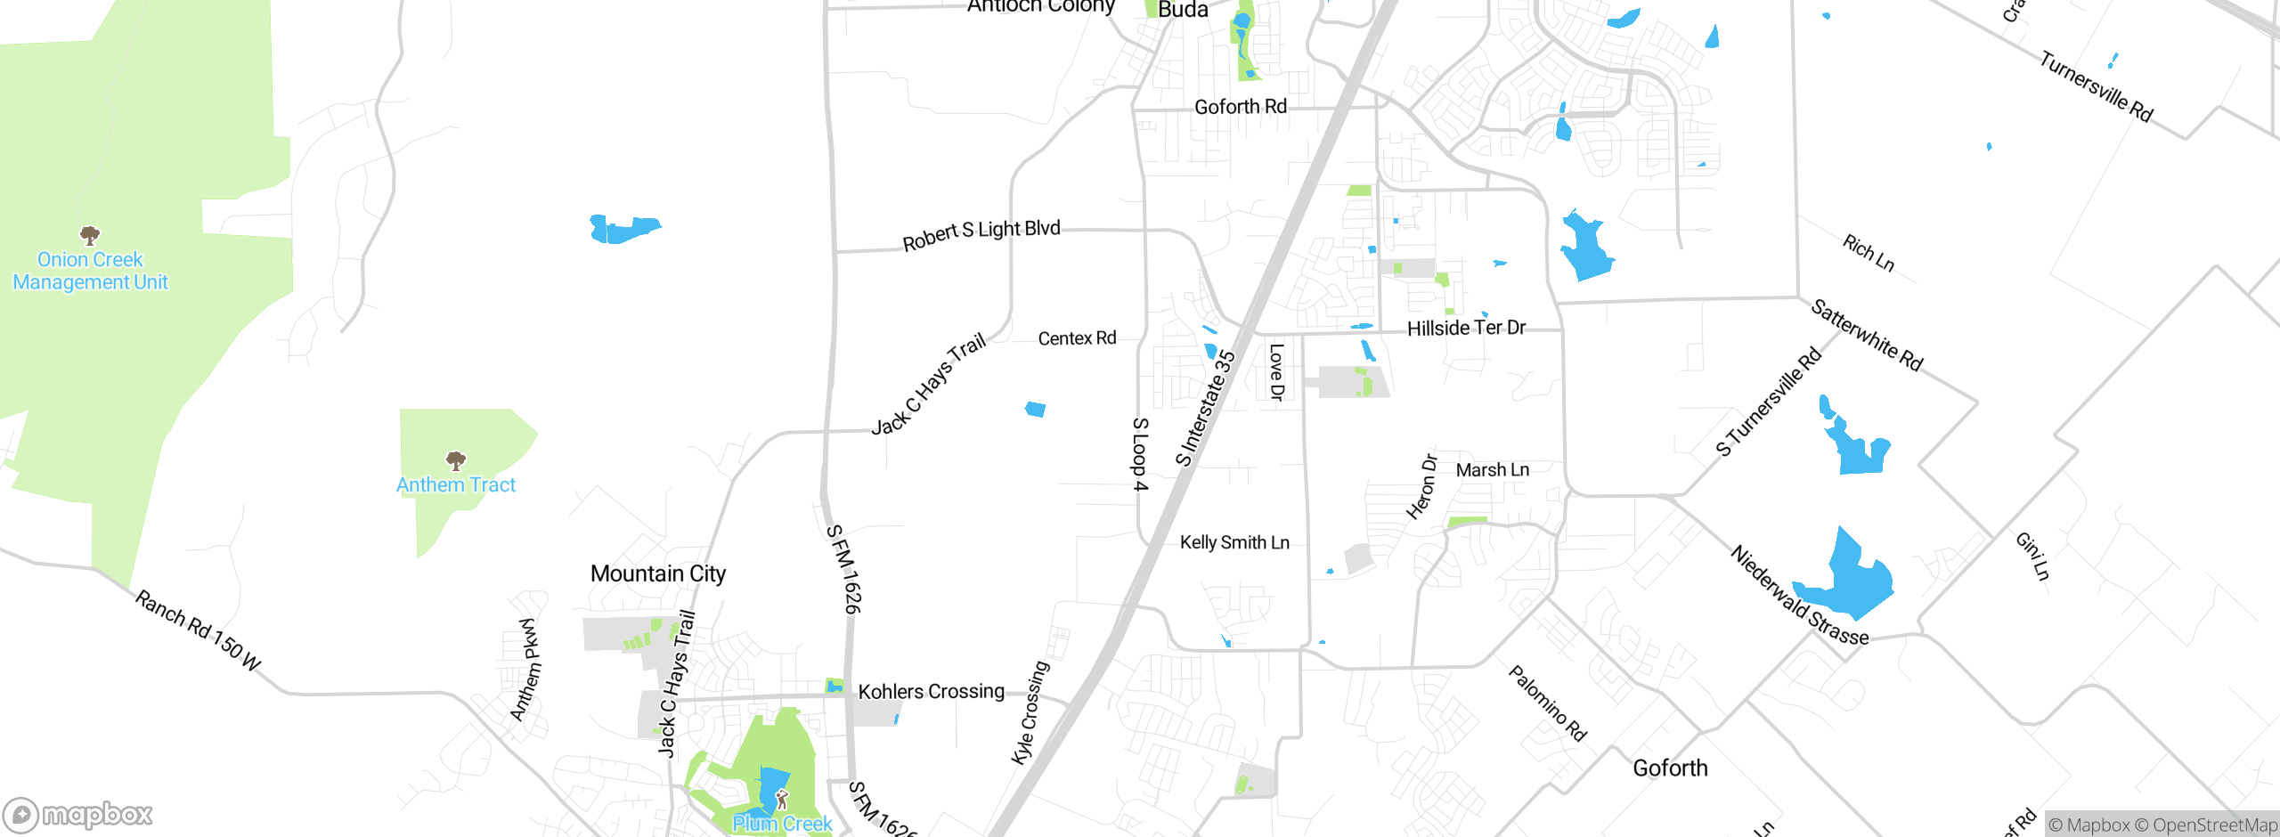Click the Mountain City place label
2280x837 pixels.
(x=658, y=573)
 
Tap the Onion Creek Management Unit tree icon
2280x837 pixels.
(x=90, y=236)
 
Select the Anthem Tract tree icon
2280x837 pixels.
(x=456, y=461)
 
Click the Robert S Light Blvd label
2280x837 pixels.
(x=981, y=234)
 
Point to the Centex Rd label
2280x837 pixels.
(x=1077, y=338)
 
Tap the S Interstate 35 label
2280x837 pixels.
(x=1205, y=409)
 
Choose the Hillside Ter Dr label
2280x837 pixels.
(x=1466, y=328)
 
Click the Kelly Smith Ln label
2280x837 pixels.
(x=1234, y=542)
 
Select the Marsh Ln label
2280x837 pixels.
(x=1493, y=470)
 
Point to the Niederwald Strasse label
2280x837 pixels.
(x=1799, y=596)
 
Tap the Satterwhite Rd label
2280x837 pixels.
(x=1867, y=335)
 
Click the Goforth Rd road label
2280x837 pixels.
(x=1241, y=107)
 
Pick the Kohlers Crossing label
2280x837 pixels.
(x=931, y=691)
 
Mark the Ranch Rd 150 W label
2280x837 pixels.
(x=198, y=630)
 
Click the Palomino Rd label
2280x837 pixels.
(x=1547, y=703)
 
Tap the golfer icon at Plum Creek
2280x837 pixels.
(x=782, y=799)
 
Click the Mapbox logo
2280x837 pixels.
(x=78, y=815)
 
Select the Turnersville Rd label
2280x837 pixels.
(x=2096, y=87)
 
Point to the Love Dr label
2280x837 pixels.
(x=1276, y=372)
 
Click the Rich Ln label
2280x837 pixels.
(x=1868, y=253)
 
